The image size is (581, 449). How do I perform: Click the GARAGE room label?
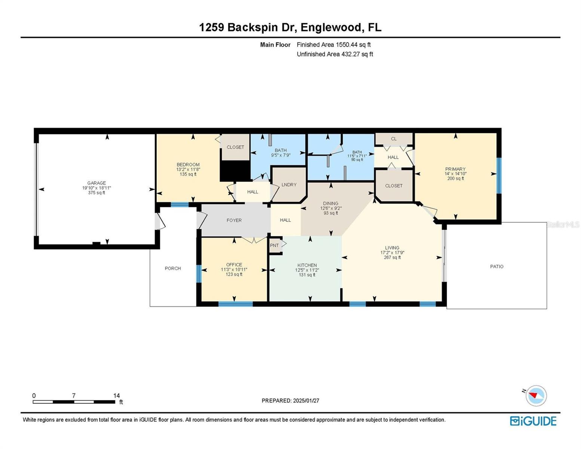click(96, 183)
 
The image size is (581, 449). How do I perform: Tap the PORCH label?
click(173, 268)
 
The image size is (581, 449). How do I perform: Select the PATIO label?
click(496, 266)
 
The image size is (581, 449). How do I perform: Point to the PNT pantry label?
click(274, 245)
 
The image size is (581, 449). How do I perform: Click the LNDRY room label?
click(289, 184)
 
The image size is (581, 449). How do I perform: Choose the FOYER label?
click(234, 220)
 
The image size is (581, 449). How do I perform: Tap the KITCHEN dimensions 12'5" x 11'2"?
click(307, 270)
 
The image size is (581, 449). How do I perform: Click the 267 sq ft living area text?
click(392, 257)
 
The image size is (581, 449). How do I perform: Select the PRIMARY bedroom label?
click(455, 169)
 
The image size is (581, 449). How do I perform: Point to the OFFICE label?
click(234, 265)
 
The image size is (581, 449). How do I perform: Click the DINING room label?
click(330, 203)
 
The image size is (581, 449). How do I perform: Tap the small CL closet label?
click(394, 138)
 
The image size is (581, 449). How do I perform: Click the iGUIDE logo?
click(533, 421)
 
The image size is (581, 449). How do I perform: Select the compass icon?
click(536, 396)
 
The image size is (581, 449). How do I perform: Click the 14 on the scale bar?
click(116, 395)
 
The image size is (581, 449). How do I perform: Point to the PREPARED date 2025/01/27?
click(306, 401)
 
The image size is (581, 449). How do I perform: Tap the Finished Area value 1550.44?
click(346, 45)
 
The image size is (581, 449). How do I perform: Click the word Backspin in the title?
click(253, 27)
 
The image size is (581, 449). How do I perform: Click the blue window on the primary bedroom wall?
click(499, 175)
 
